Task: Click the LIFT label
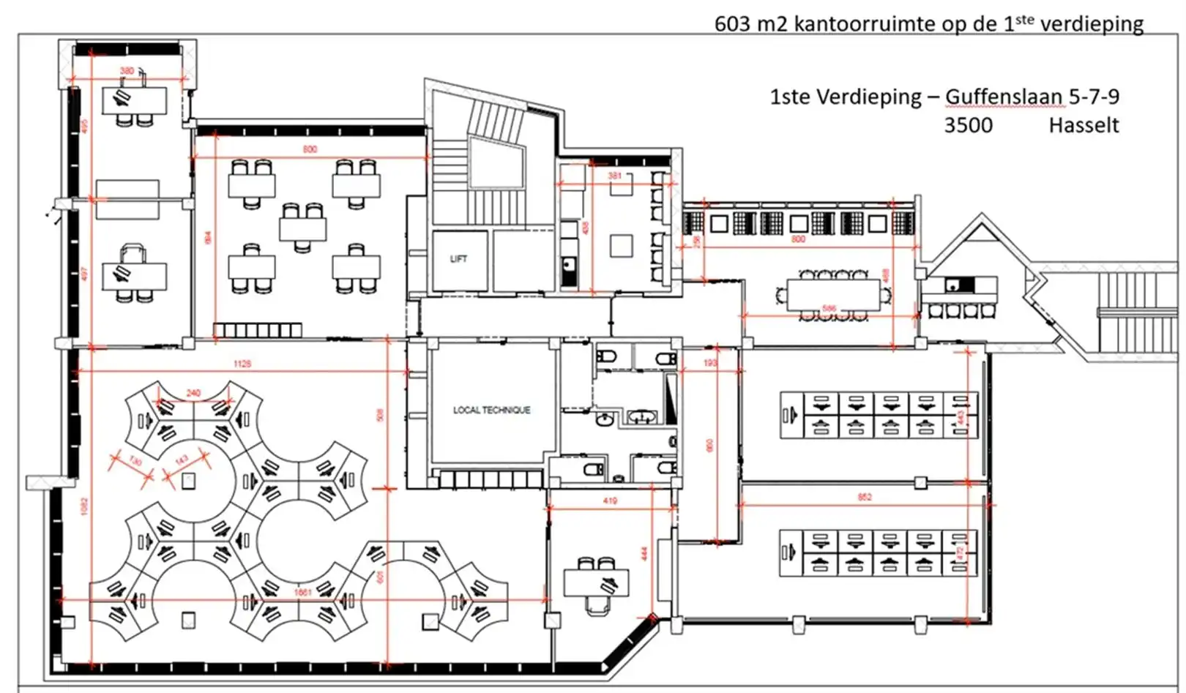(458, 259)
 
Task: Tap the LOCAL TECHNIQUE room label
(491, 411)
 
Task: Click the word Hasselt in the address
(1084, 125)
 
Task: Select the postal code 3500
(968, 125)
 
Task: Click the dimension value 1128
(242, 364)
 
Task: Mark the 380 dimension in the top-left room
(127, 71)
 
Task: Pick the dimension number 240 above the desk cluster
(193, 393)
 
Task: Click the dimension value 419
(610, 501)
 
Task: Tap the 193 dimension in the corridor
(710, 363)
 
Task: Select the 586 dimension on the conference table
(828, 309)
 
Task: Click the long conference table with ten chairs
(833, 295)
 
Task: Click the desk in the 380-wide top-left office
(135, 100)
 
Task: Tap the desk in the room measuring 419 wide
(595, 583)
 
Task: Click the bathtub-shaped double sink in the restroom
(644, 418)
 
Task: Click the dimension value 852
(865, 498)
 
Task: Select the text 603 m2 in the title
(752, 24)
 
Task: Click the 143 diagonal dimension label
(182, 460)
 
